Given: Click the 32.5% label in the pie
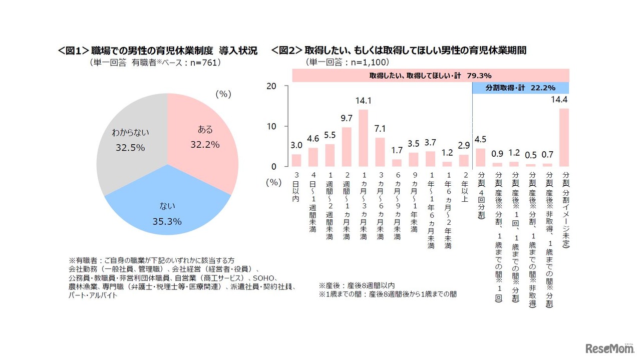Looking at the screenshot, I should coord(128,148).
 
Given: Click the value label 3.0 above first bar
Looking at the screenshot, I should coord(296,146).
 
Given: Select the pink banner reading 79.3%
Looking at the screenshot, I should coord(431,76).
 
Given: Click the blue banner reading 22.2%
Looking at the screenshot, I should coord(521,88).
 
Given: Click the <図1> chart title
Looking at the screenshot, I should coord(158,51).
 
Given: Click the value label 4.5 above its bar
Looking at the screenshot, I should coord(480,140).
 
